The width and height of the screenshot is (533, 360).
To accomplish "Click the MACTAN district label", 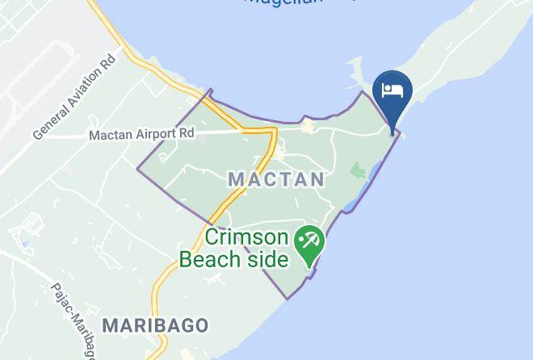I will click(x=276, y=178).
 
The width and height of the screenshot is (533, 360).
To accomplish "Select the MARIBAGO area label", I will click(x=155, y=324).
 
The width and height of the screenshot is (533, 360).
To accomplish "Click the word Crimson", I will click(x=246, y=238).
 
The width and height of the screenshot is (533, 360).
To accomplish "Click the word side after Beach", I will click(x=266, y=259).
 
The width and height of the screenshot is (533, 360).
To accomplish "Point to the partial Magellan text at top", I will click(x=295, y=3).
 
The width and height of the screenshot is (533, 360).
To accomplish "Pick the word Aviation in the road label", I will click(x=80, y=94).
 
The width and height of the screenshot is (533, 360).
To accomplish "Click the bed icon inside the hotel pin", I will click(x=392, y=90).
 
